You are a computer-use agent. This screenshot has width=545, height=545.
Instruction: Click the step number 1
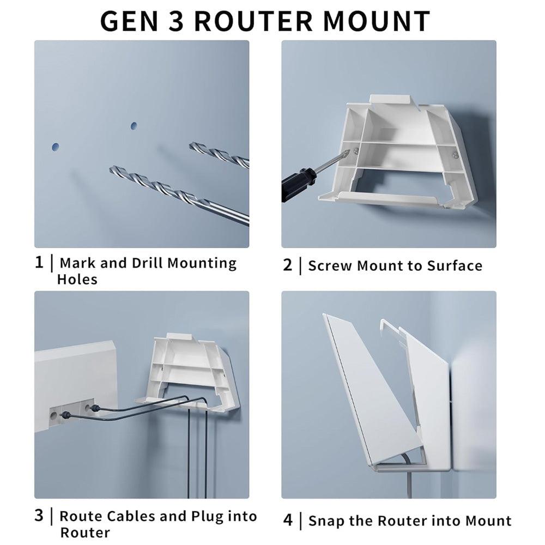point(39,263)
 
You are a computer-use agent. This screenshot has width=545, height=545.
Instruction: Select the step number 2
point(288,265)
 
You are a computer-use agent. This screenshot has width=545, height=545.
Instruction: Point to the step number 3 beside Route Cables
point(39,516)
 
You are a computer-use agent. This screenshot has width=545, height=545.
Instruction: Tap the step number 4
point(288,520)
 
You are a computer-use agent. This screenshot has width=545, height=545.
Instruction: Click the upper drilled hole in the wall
point(134,126)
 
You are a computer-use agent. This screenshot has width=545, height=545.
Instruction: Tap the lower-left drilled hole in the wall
point(55,147)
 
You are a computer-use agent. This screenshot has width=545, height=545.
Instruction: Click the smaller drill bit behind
point(218,155)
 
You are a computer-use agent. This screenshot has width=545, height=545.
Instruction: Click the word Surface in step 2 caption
point(455,266)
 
